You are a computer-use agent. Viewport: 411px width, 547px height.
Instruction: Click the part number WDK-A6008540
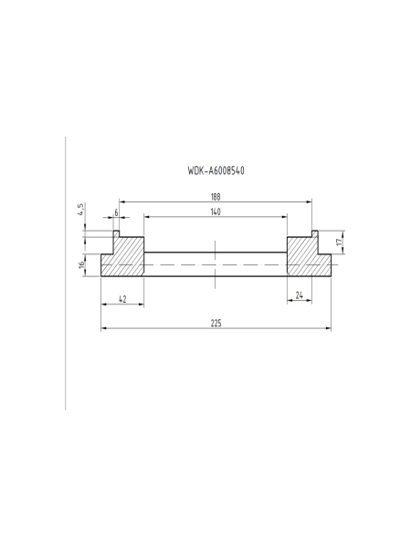point(215,170)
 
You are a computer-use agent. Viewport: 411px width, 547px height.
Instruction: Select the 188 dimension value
point(215,197)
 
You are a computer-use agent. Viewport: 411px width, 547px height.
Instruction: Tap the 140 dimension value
point(215,212)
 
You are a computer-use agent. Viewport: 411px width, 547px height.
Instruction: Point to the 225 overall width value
point(216,324)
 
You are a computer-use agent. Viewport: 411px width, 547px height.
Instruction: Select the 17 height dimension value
point(340,243)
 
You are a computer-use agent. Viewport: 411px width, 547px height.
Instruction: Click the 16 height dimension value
point(82,264)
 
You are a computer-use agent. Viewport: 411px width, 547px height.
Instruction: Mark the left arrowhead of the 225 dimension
point(102,329)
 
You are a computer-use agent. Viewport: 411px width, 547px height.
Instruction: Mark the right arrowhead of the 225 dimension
point(329,329)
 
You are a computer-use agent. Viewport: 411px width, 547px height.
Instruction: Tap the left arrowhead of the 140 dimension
point(146,217)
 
